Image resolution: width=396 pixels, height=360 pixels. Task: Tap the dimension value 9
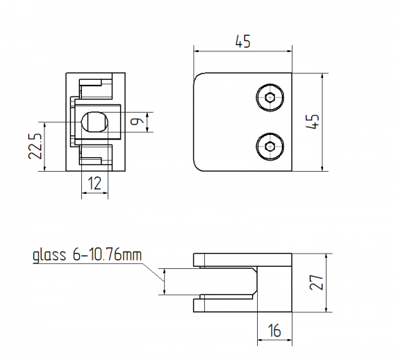[140, 123]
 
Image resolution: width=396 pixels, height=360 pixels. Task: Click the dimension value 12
[94, 183]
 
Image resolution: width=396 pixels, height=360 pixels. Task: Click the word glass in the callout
[50, 256]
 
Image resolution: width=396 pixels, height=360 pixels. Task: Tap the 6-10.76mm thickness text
[106, 256]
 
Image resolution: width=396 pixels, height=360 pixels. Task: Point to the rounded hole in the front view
[94, 122]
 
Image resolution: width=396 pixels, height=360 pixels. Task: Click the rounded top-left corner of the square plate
[199, 78]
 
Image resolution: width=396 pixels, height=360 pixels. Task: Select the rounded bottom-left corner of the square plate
[199, 165]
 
